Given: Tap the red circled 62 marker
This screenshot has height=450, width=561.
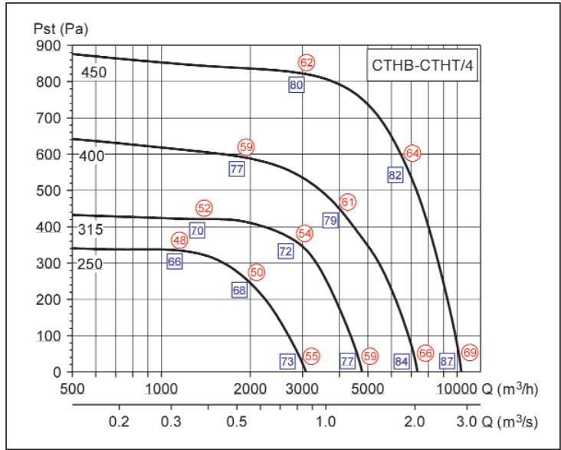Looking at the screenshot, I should (x=307, y=62).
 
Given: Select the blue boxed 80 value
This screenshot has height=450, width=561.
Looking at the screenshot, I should (x=297, y=85).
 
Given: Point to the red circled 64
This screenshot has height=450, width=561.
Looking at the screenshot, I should (x=412, y=153).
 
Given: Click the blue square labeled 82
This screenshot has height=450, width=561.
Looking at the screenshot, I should (x=395, y=175).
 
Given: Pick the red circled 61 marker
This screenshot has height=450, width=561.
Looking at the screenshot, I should (x=349, y=202).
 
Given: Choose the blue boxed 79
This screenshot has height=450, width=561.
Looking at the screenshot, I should (x=330, y=220).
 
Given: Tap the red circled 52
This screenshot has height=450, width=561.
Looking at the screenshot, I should (x=204, y=208).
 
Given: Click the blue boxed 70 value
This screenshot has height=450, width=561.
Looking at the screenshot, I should (x=197, y=230).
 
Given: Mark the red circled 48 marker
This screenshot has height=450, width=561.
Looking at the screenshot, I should (x=179, y=241).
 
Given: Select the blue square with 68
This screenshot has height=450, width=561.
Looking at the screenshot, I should (x=239, y=290).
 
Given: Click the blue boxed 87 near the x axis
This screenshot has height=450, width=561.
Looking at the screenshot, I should (x=448, y=360).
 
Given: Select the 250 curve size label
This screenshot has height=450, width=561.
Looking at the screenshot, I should (x=90, y=264).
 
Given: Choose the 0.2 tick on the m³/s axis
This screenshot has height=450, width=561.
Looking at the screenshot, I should (x=119, y=421).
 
